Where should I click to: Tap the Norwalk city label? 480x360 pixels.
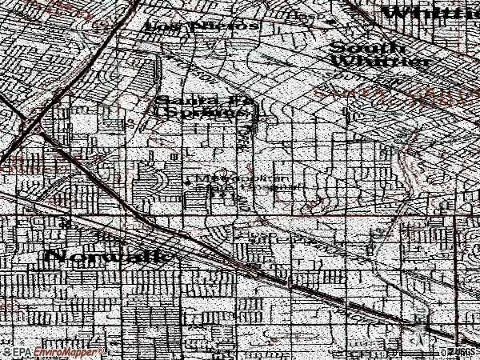(x=109, y=256)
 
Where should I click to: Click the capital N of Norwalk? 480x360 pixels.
(x=56, y=257)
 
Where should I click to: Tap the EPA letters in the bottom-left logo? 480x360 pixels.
(x=23, y=352)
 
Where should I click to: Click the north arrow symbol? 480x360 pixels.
(x=419, y=323)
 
